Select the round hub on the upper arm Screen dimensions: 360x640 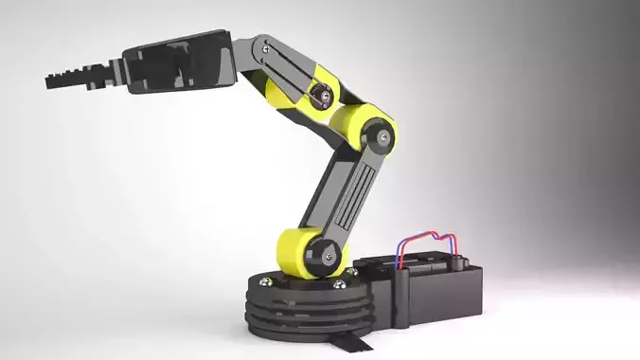point(324,94)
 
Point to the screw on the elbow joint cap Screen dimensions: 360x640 point(383,137)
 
